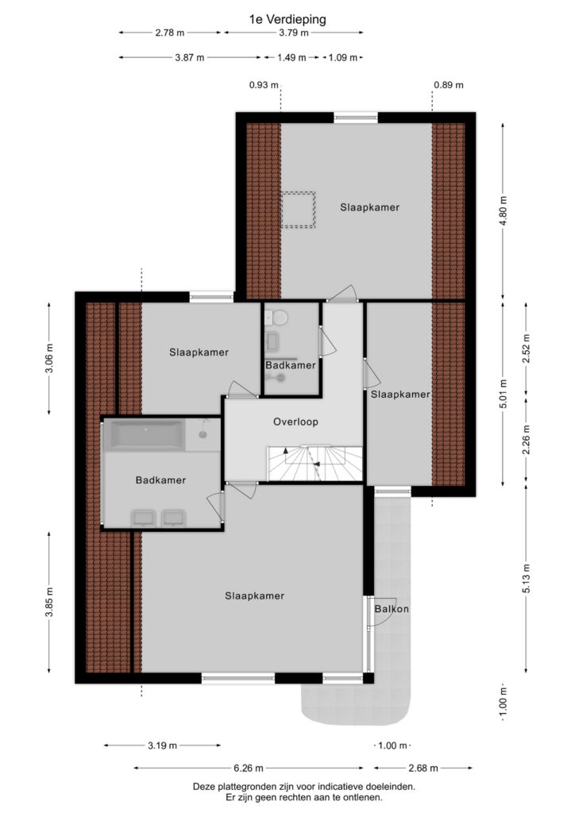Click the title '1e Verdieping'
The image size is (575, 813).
coord(287,20)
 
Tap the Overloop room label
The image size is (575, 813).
coord(295,422)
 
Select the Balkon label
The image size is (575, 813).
coord(392,609)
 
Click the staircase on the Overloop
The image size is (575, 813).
coord(315,463)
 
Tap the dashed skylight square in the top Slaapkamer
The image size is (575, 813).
coord(298,210)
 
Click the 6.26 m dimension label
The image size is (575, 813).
coord(248,768)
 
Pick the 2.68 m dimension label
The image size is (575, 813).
coord(423,768)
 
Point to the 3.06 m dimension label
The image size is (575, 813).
coord(48,358)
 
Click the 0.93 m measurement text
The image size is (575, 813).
coord(264,85)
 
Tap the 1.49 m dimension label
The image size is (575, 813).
coord(291,57)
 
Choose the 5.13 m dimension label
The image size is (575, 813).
coord(527,578)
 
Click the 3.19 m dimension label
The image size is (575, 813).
coord(162,746)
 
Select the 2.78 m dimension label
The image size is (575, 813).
coord(169,33)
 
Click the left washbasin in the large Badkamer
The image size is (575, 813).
coord(144,518)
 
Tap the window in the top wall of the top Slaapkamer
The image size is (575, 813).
coord(356,118)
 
